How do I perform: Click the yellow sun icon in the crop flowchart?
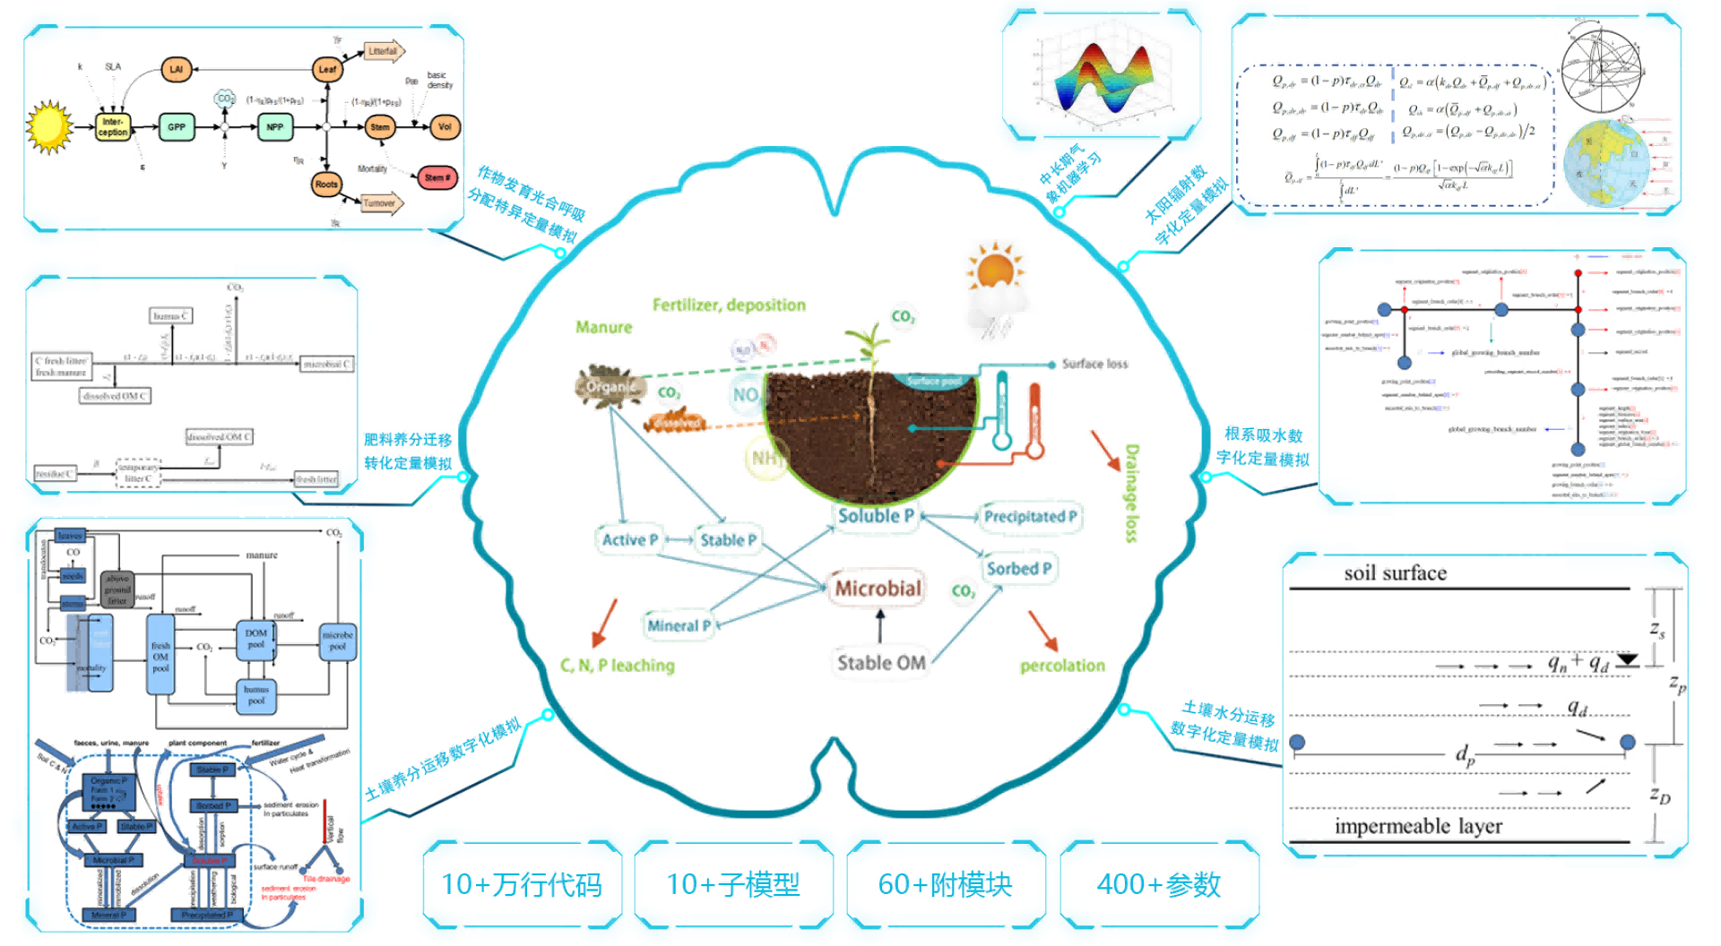(49, 126)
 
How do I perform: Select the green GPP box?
(177, 127)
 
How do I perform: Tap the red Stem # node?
(437, 177)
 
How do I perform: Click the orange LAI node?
(177, 69)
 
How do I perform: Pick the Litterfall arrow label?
(383, 52)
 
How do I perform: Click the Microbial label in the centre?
(878, 589)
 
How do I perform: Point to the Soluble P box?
(875, 516)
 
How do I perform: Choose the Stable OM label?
(880, 663)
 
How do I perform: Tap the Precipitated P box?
(1030, 517)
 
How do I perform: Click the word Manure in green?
(603, 328)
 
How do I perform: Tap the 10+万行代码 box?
(522, 885)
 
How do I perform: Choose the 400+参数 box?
(1159, 885)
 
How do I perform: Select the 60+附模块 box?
(946, 885)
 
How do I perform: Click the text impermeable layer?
(1418, 826)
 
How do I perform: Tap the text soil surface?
(1395, 573)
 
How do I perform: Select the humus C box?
(170, 315)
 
